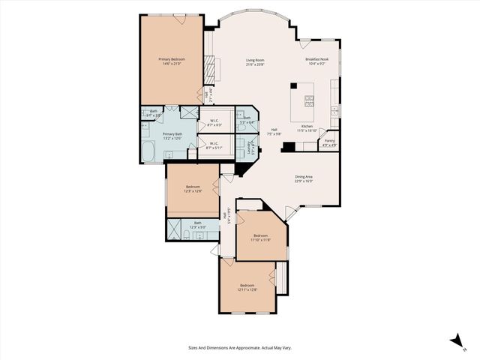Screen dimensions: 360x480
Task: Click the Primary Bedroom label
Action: click(x=172, y=61)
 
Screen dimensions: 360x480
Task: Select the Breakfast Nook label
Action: click(x=317, y=61)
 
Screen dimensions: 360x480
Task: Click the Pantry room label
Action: click(x=329, y=142)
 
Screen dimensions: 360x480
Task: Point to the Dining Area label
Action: click(x=303, y=179)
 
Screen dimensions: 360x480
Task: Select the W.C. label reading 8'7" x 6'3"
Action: click(x=214, y=122)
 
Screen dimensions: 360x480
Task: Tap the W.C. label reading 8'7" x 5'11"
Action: click(x=214, y=145)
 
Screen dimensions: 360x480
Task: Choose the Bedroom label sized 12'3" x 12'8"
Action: click(x=193, y=189)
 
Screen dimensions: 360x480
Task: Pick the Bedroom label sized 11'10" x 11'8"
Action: click(x=260, y=238)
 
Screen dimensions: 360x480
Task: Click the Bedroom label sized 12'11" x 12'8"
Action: click(x=247, y=287)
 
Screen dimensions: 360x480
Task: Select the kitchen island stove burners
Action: click(x=310, y=100)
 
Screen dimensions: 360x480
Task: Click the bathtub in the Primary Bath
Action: click(x=147, y=152)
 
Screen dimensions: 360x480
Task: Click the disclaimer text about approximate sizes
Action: click(x=239, y=348)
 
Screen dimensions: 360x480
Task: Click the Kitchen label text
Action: click(x=307, y=128)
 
